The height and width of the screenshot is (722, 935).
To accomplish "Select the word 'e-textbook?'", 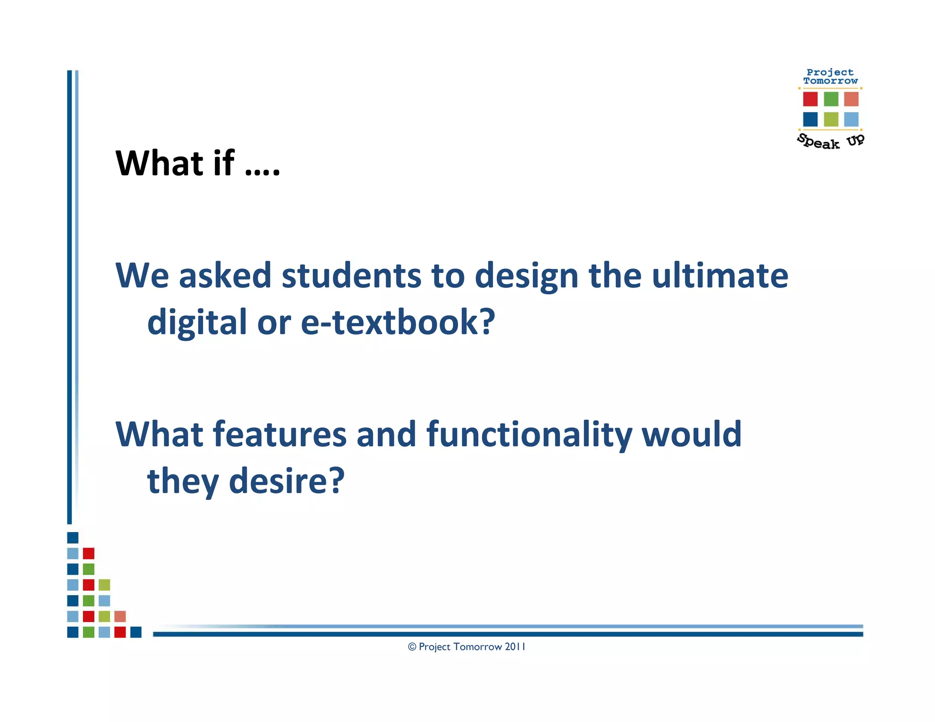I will [398, 322].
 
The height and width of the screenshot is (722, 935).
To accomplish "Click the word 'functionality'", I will [529, 434].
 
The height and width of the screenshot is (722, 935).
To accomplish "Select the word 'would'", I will [692, 434].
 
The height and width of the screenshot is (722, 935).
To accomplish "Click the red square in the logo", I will [810, 99].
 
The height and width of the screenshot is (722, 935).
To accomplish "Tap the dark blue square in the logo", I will [810, 119].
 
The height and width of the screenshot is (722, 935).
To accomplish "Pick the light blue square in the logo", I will [851, 119].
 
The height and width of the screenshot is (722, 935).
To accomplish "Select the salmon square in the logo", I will [851, 99].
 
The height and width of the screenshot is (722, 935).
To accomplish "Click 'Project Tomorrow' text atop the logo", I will [830, 77].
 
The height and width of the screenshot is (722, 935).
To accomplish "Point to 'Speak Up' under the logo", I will [830, 141].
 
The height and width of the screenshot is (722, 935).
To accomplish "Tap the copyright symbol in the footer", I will [412, 647].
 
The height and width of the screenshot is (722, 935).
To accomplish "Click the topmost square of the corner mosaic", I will [73, 538].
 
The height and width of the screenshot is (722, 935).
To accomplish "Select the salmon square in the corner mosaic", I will [120, 617].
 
